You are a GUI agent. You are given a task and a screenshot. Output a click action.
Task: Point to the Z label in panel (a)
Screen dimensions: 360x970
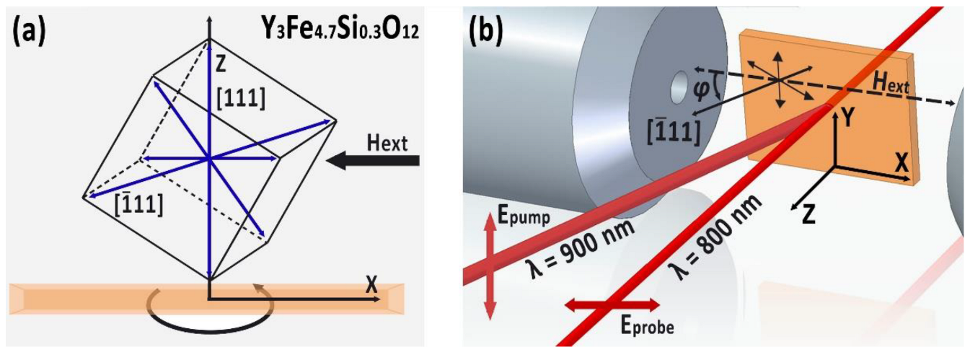coord(223,66)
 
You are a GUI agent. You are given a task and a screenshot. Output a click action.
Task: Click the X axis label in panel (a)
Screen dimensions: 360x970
coord(372,284)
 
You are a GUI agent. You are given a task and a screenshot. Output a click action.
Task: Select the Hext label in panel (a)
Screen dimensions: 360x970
coord(386,144)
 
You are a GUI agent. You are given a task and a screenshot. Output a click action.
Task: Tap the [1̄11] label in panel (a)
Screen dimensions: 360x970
coord(139,205)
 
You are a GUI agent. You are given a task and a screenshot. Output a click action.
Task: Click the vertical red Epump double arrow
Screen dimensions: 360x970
coord(491,266)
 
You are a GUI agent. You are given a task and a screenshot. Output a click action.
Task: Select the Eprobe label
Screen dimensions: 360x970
coord(645,326)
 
